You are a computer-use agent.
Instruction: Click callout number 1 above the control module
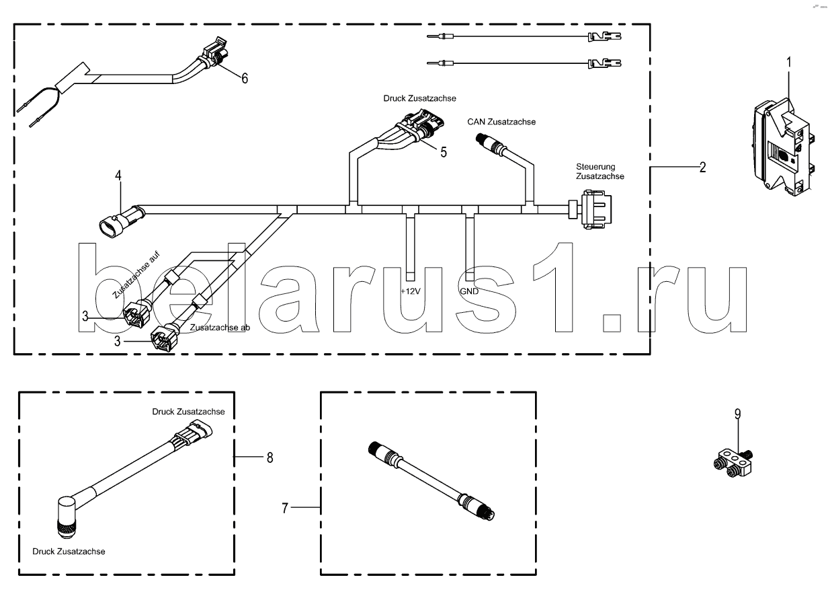[789, 62]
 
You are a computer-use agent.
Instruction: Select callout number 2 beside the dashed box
[702, 168]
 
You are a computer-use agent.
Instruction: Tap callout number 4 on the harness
[118, 176]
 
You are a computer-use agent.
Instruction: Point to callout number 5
[444, 153]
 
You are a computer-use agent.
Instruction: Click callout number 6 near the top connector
[245, 79]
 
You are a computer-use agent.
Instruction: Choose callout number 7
[285, 509]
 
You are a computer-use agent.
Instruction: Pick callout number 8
[270, 458]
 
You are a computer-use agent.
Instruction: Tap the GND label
[468, 292]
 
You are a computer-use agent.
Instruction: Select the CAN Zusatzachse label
[501, 122]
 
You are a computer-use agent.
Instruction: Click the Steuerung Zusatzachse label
[599, 172]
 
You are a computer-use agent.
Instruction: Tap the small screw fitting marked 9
[734, 461]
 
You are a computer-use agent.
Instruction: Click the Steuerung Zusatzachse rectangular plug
[595, 210]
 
